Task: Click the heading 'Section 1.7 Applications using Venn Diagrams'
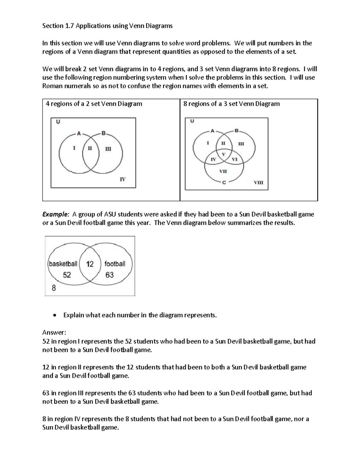click(107, 26)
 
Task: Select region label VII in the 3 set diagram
click(223, 171)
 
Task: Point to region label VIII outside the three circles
click(258, 182)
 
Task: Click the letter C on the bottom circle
click(224, 182)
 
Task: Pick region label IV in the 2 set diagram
click(122, 179)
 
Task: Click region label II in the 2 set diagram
click(90, 148)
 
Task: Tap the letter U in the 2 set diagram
click(58, 122)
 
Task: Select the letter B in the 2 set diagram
click(103, 133)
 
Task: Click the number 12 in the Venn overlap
click(90, 264)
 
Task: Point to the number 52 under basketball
click(67, 275)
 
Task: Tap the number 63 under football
click(109, 275)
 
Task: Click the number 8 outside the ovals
click(54, 288)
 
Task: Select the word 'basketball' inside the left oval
click(63, 264)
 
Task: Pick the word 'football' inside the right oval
click(115, 264)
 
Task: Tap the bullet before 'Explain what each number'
click(54, 315)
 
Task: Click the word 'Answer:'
click(54, 332)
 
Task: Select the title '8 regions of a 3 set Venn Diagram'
click(231, 104)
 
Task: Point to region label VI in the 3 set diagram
click(235, 159)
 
